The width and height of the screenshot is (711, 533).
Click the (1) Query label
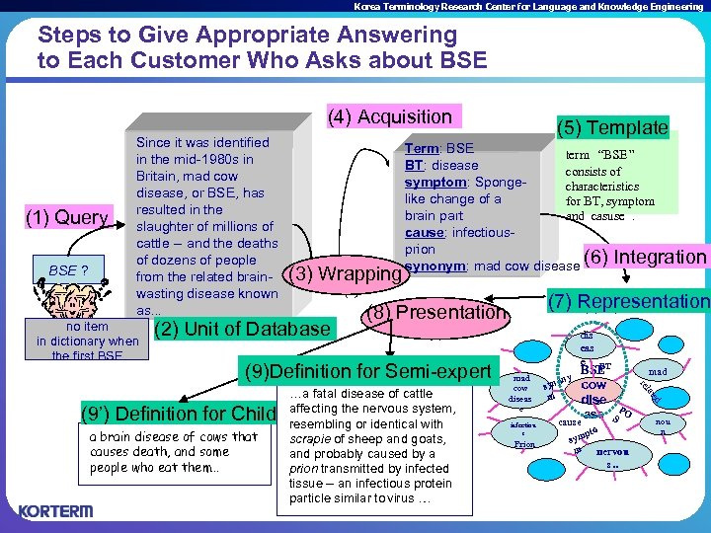pyautogui.click(x=68, y=217)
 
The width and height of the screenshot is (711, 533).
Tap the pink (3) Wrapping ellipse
pyautogui.click(x=342, y=271)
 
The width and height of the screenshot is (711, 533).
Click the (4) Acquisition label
pyautogui.click(x=389, y=117)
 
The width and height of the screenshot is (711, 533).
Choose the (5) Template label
pyautogui.click(x=612, y=127)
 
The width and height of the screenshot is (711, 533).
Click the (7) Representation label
pyautogui.click(x=628, y=301)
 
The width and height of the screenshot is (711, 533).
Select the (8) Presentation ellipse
pyautogui.click(x=435, y=313)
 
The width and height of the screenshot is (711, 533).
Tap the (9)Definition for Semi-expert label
pyautogui.click(x=366, y=371)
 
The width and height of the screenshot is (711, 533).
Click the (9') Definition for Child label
pyautogui.click(x=176, y=412)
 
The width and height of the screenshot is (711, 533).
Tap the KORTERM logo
pyautogui.click(x=57, y=510)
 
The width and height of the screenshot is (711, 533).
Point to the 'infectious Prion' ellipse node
pyautogui.click(x=524, y=434)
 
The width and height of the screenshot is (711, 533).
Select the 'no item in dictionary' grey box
pyautogui.click(x=87, y=341)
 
